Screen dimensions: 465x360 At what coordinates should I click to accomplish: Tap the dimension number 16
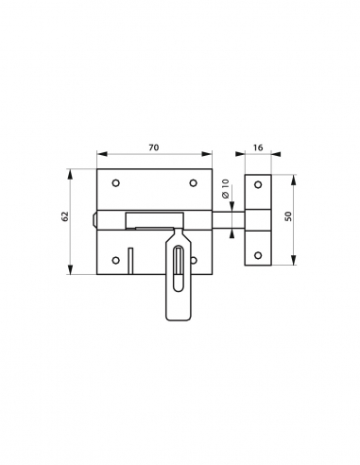258,148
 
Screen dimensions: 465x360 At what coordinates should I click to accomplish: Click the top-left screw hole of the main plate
115,183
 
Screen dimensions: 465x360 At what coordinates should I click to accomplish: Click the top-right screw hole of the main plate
193,183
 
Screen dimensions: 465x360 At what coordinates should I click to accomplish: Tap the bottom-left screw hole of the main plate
115,260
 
